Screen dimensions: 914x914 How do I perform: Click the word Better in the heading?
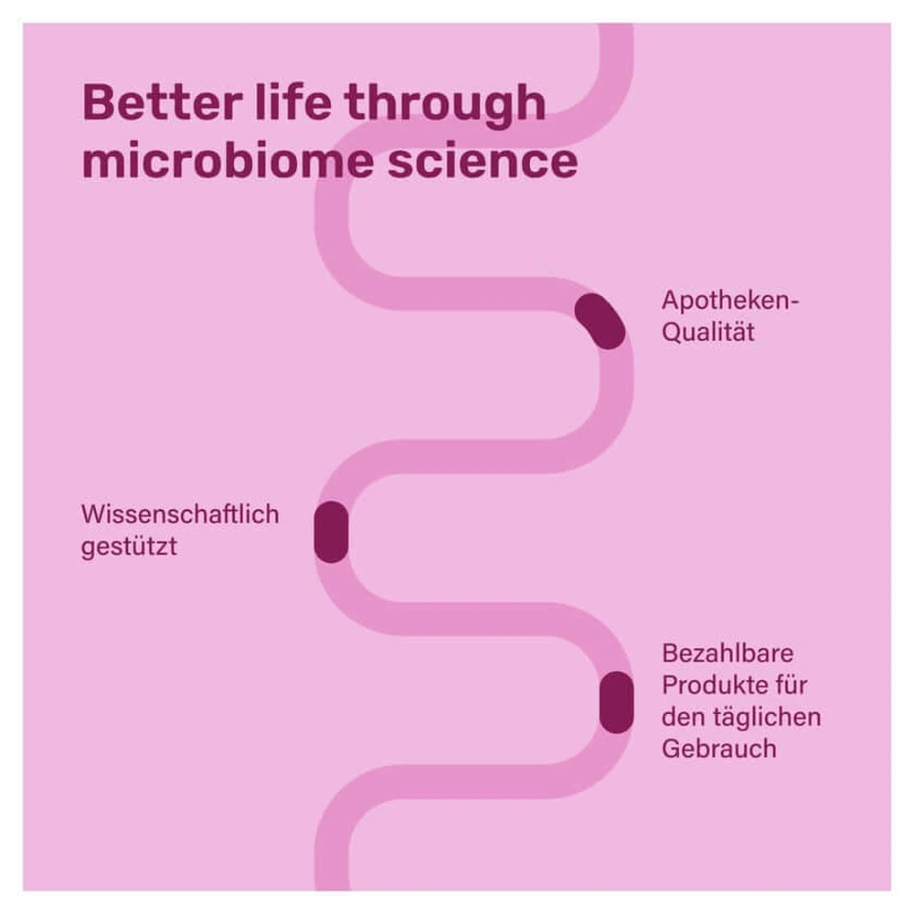click(162, 102)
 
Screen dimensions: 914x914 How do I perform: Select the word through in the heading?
click(445, 105)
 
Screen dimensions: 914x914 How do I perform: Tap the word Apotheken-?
click(730, 302)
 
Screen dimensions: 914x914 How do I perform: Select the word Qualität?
click(708, 332)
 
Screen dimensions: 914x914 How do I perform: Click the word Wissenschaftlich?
click(180, 514)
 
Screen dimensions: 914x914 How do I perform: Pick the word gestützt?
click(129, 547)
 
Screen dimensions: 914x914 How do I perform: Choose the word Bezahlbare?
click(728, 654)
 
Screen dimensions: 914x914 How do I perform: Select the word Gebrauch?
click(718, 749)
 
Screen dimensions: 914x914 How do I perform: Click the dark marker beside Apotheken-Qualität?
click(600, 321)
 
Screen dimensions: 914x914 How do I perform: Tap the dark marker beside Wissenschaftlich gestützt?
click(331, 532)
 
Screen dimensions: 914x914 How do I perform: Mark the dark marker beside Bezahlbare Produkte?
click(616, 702)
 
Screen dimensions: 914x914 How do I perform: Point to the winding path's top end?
click(616, 25)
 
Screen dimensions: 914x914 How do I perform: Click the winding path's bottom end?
click(333, 889)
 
